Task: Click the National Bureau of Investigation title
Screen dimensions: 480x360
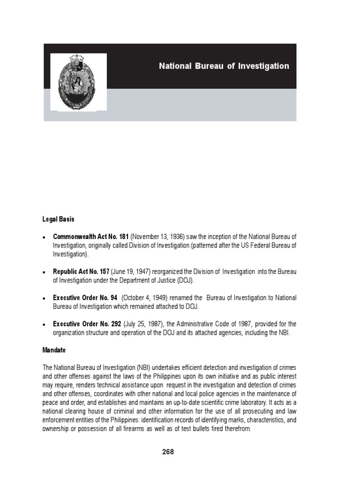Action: [x=224, y=66]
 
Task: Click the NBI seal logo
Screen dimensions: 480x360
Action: [x=78, y=82]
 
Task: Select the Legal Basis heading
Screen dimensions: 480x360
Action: [x=56, y=219]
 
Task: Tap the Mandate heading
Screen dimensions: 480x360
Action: [x=54, y=350]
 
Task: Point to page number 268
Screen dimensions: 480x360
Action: [x=168, y=452]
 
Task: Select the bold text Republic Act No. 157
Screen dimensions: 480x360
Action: [x=81, y=271]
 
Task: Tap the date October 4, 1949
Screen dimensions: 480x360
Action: [x=146, y=298]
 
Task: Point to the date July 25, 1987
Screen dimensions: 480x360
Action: [x=143, y=324]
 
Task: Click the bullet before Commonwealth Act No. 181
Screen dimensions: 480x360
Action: [x=44, y=237]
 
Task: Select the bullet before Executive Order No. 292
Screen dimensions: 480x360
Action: [x=44, y=325]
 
